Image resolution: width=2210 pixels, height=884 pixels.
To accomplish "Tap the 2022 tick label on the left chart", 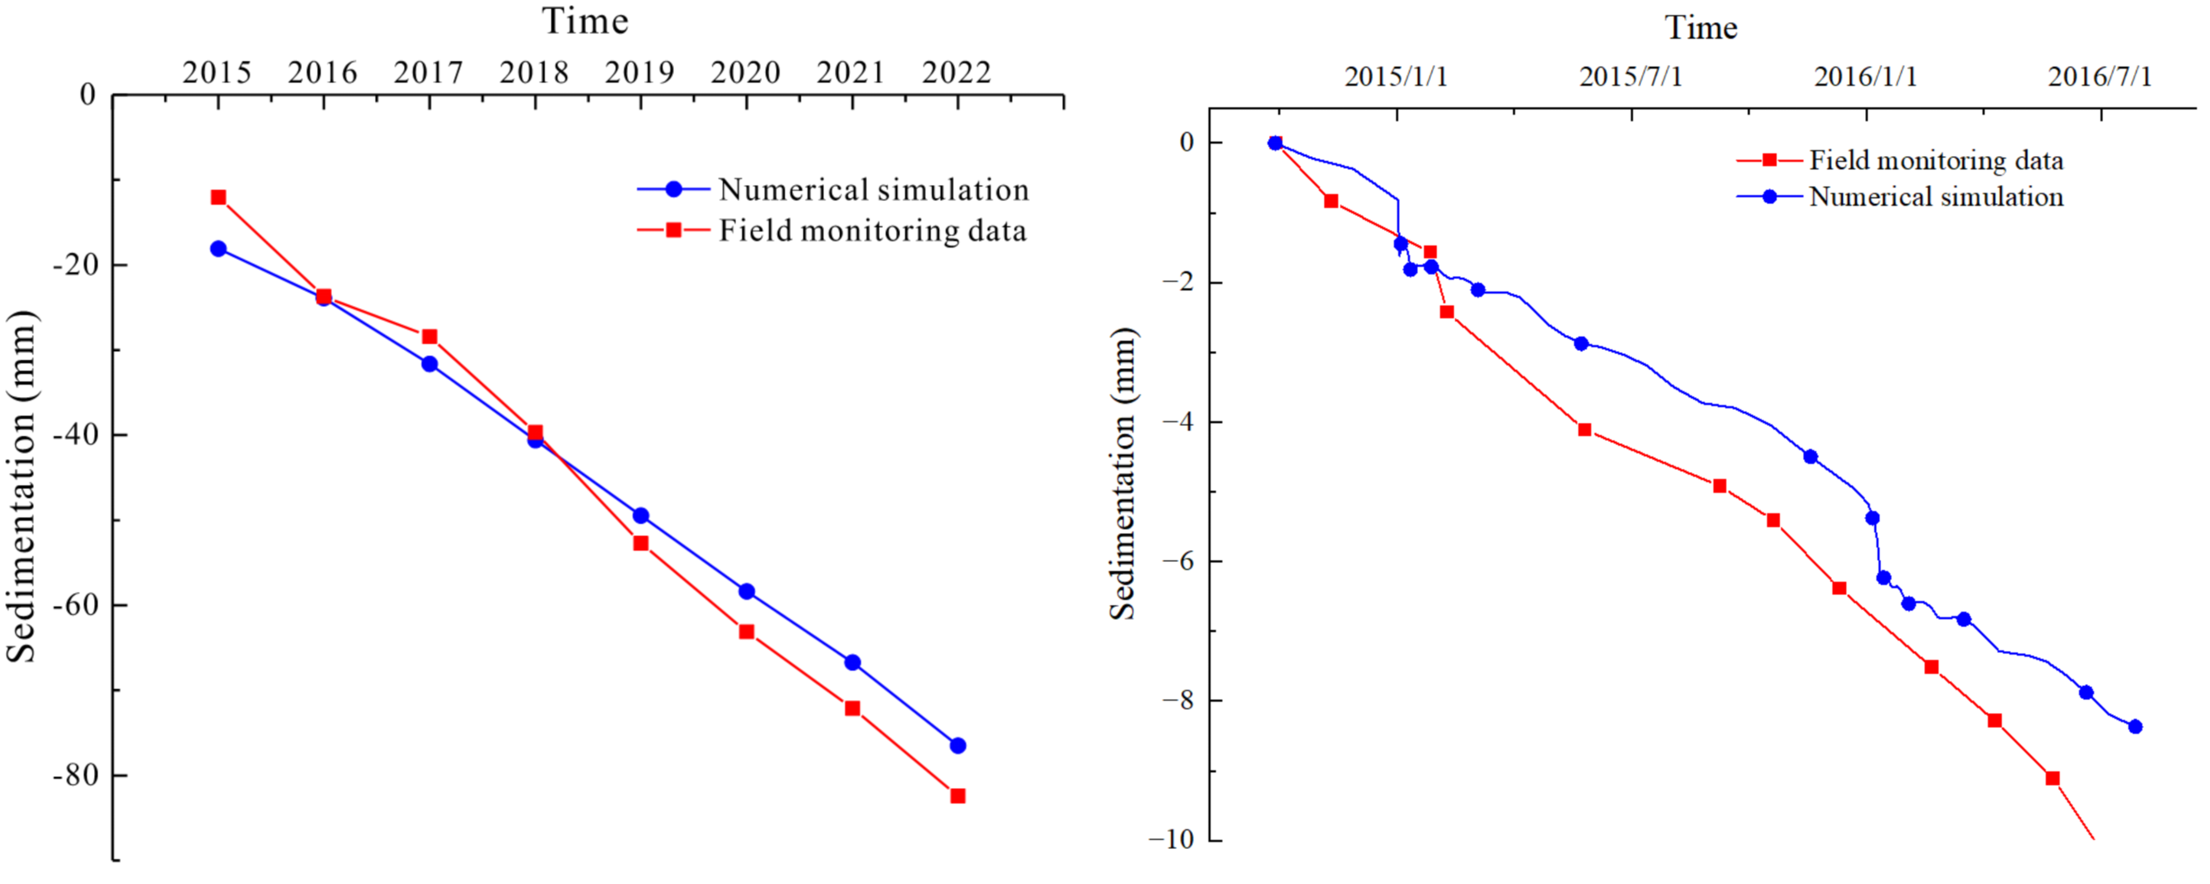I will [x=957, y=73].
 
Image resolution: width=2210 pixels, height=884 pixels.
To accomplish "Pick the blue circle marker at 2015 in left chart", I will [x=219, y=249].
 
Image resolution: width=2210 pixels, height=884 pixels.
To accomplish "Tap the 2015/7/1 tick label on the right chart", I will [x=1631, y=77].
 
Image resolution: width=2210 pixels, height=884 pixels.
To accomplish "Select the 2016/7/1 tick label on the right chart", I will [x=2100, y=77].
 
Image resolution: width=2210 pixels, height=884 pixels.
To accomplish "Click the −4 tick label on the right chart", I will [x=1177, y=422].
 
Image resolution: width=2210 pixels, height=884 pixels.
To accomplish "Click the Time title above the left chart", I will [x=585, y=22].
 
